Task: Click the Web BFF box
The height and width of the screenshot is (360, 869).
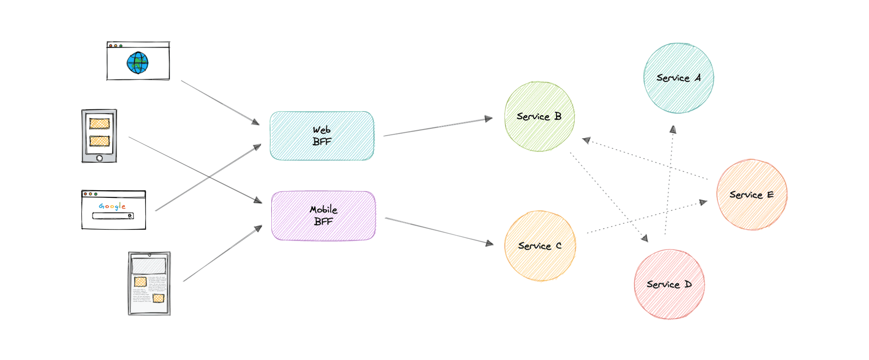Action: pos(322,136)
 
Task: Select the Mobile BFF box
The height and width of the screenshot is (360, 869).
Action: pos(323,216)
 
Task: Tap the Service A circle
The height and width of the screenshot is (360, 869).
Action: pos(679,78)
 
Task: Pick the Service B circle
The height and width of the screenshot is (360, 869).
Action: pos(539,116)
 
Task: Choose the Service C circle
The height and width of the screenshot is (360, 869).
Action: pos(540,246)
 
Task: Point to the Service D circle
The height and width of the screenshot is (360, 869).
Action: pos(669,284)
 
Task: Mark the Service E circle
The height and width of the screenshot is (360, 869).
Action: pos(751,195)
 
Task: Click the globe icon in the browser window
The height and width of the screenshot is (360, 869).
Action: pos(137,63)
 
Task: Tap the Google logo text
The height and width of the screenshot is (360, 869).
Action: pos(112,206)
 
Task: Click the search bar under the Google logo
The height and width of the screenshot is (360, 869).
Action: pos(113,216)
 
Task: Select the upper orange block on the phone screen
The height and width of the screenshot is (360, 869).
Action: pos(99,124)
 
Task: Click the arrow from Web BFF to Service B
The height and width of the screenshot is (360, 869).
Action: pos(438,127)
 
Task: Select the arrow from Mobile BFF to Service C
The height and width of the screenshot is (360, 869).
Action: pos(439,231)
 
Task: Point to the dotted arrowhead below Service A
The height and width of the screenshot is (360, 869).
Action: pos(673,130)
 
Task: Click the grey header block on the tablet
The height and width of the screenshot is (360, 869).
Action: pos(149,266)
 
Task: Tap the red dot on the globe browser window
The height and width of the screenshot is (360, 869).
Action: pos(111,46)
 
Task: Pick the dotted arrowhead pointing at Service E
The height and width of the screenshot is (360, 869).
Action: pos(703,202)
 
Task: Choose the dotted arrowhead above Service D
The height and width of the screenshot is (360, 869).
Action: pos(644,238)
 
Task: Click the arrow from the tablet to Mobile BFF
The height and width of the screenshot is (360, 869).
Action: pos(223,253)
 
